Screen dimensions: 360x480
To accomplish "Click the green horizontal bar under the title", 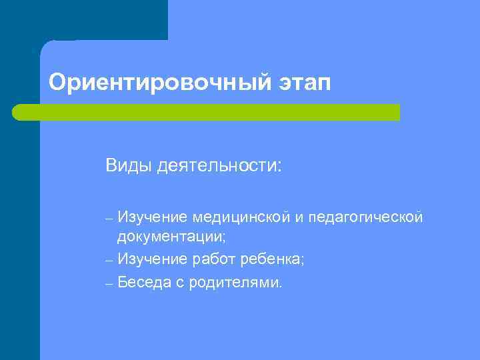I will pos(207,112).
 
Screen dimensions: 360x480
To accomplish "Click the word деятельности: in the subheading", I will pos(220,165).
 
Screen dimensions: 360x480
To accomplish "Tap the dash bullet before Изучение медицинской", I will pos(110,217).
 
